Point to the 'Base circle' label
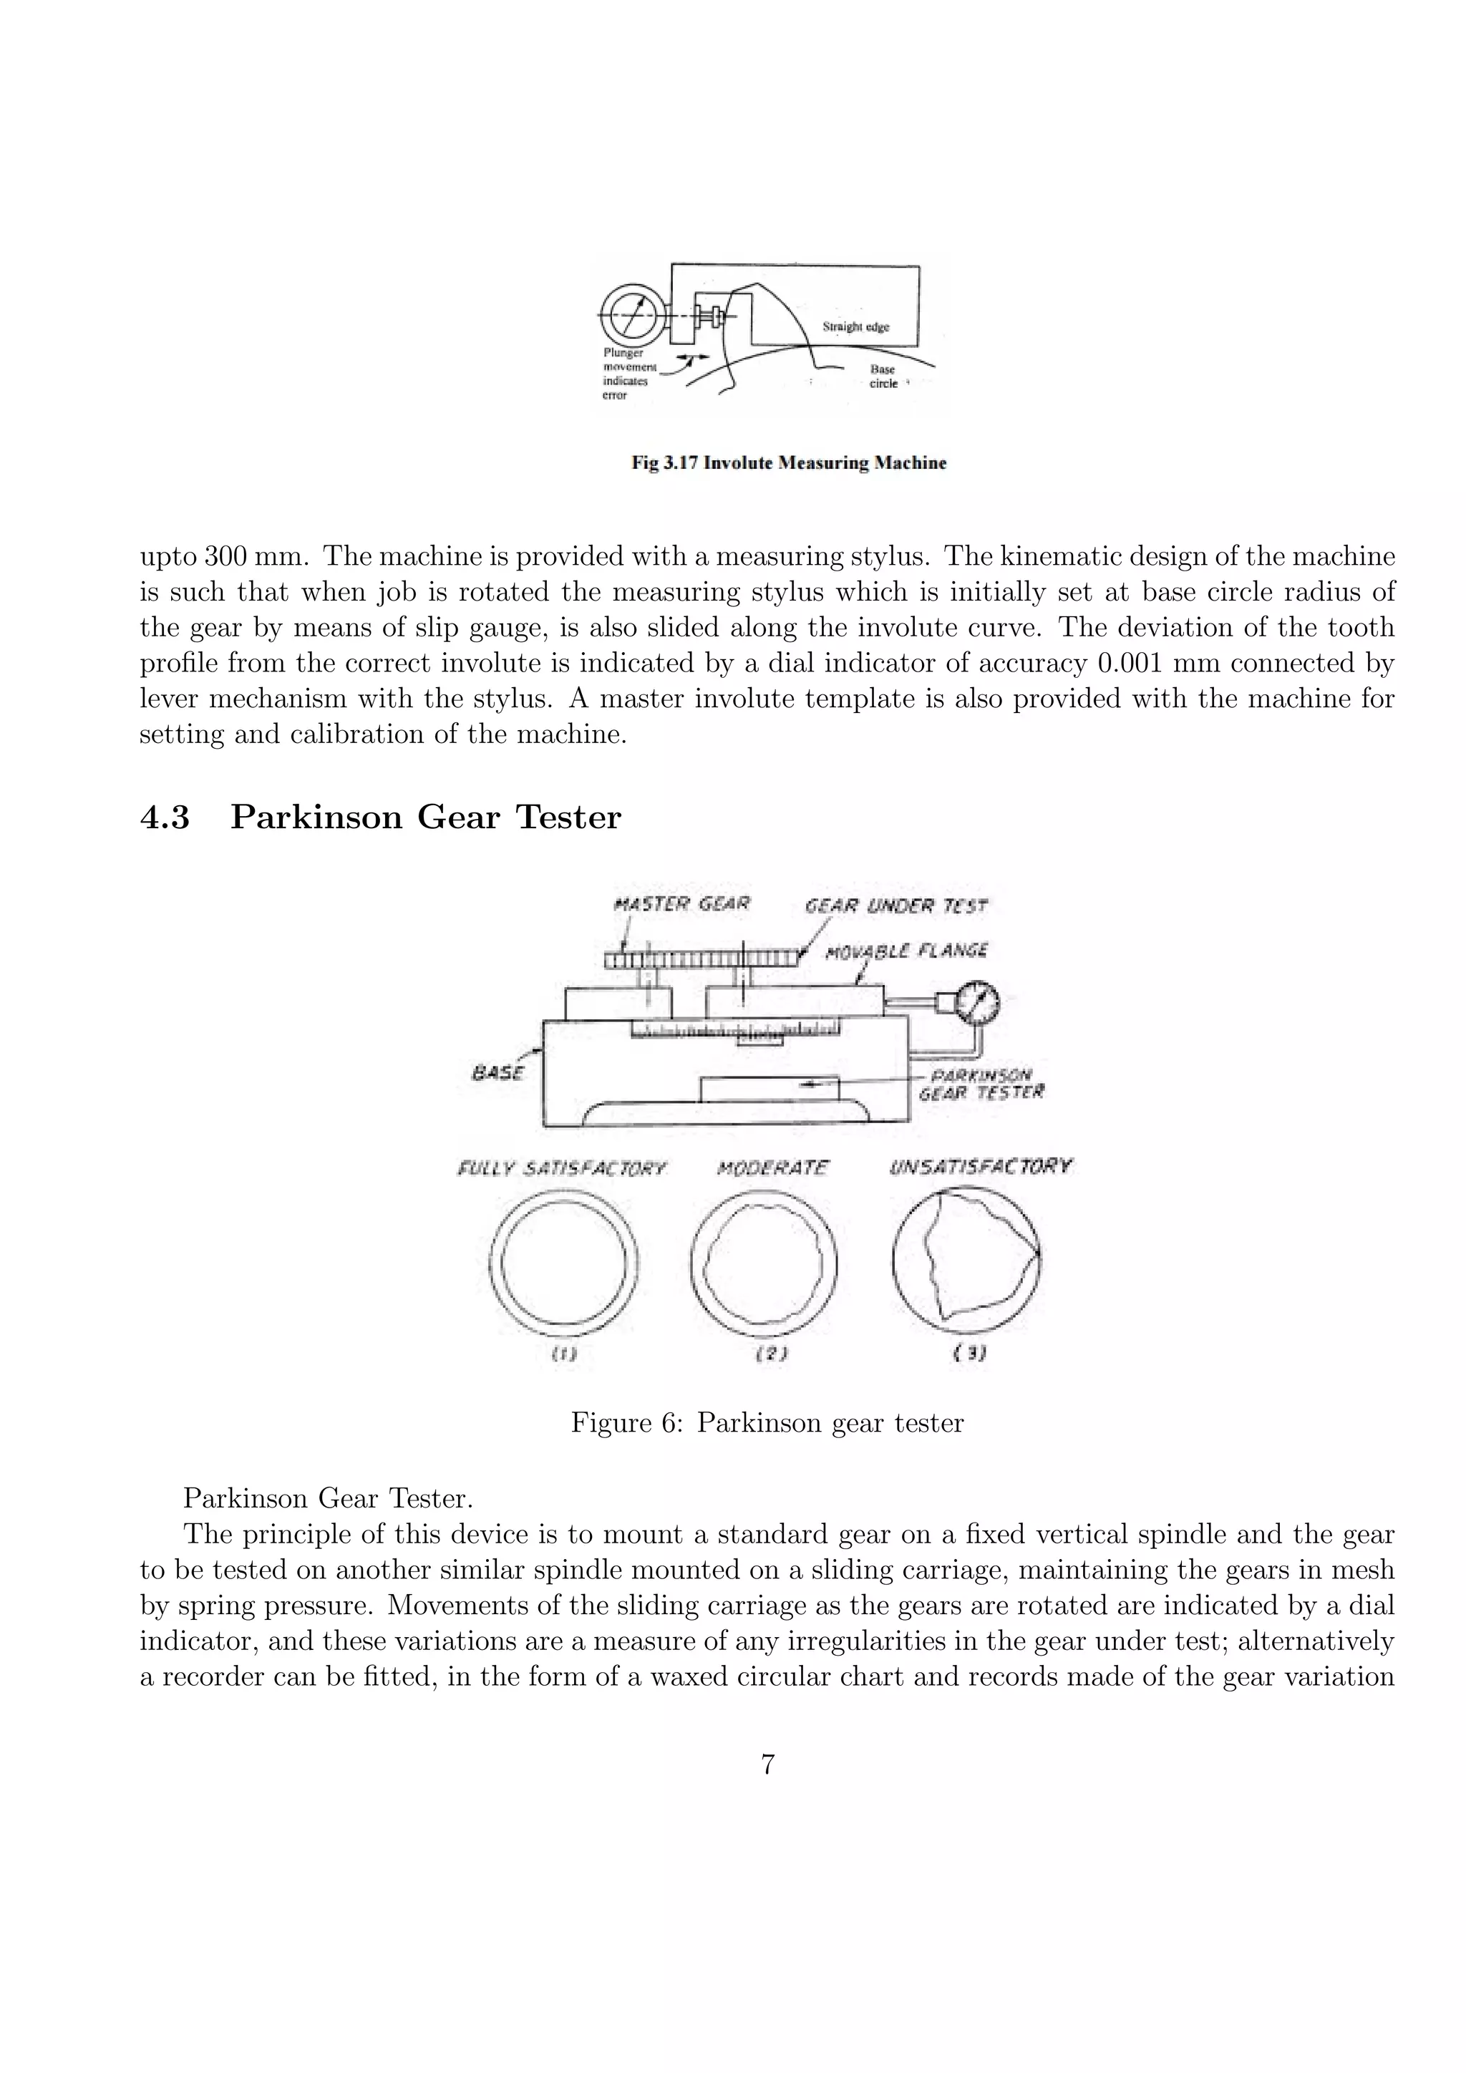click(883, 377)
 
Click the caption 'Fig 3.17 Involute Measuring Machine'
click(788, 463)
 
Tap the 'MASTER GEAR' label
click(681, 904)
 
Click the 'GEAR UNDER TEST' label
click(895, 906)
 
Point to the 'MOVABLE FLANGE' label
click(906, 950)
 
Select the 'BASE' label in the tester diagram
click(497, 1072)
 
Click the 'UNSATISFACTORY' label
click(981, 1167)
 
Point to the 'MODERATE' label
click(772, 1167)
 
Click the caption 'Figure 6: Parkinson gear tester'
click(767, 1424)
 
